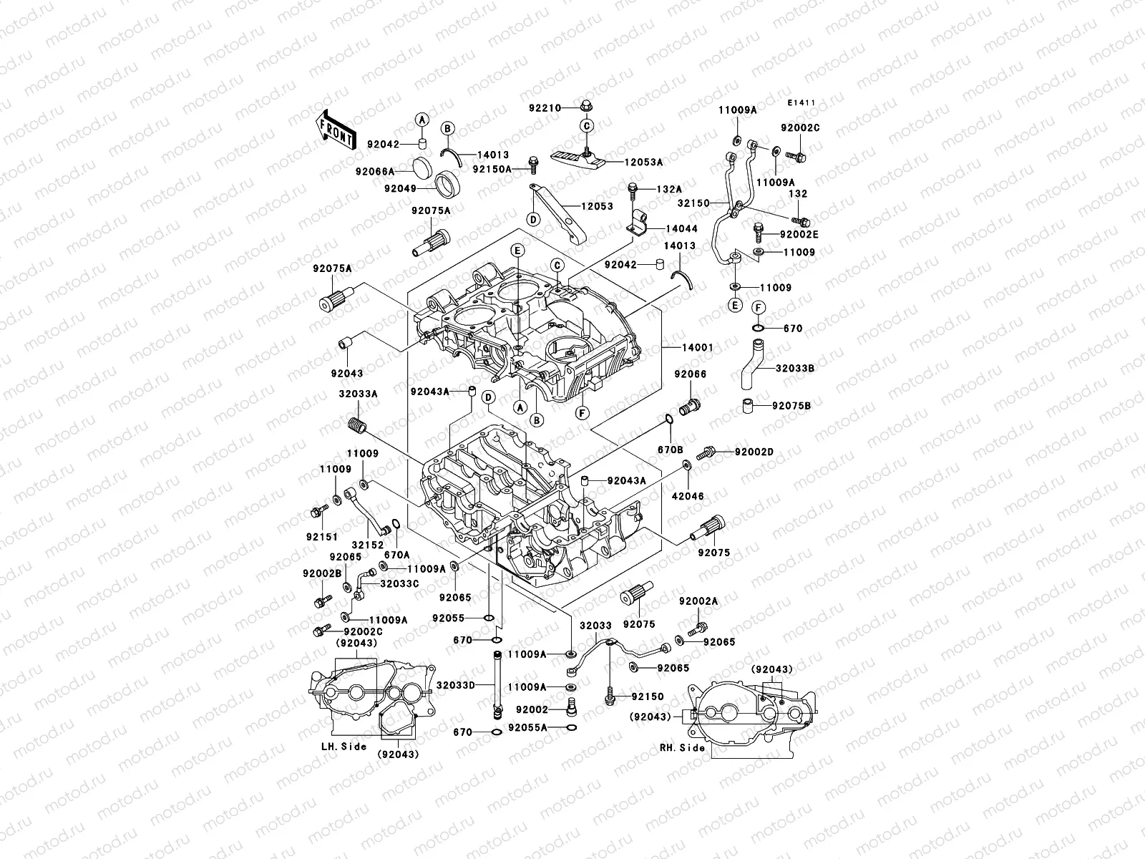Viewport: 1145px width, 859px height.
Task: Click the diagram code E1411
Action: (801, 103)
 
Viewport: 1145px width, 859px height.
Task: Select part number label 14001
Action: (697, 348)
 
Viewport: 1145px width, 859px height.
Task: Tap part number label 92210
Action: (545, 107)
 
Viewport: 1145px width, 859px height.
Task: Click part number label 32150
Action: (694, 203)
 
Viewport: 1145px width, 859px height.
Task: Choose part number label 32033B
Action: (796, 369)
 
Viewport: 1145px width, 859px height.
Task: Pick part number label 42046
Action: (687, 495)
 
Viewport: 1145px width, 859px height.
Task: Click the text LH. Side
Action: (343, 747)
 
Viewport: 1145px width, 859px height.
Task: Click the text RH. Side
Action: (682, 748)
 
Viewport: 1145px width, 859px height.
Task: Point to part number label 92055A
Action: (527, 727)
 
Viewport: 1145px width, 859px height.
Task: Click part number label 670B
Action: (671, 450)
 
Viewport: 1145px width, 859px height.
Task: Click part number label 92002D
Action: (754, 452)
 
